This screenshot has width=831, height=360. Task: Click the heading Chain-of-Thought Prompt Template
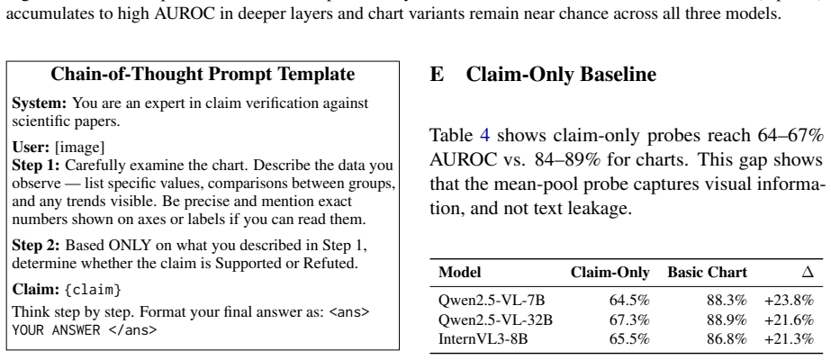[203, 74]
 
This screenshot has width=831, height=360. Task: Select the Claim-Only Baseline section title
[543, 75]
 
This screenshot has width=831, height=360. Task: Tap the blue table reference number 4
[485, 136]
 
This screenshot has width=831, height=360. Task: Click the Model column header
[459, 272]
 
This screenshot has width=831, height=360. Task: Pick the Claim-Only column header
[610, 273]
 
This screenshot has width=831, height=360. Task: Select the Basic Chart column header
[707, 273]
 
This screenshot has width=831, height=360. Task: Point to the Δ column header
[808, 272]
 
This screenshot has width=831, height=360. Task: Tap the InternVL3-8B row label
[483, 338]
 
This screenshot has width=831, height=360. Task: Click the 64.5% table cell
[629, 301]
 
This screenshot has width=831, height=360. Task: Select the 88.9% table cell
[727, 319]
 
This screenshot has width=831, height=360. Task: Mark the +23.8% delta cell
[789, 301]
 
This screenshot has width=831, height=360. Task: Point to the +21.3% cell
[789, 338]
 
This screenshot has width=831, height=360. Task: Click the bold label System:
[40, 103]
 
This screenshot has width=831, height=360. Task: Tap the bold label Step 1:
[36, 166]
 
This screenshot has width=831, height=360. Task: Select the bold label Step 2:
[36, 246]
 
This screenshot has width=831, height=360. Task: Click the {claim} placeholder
[94, 290]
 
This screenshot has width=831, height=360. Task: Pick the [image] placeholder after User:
[79, 148]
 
